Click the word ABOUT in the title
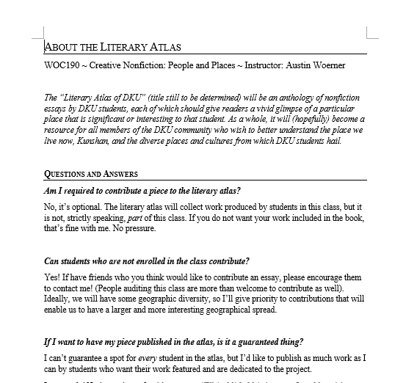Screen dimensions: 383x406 (61, 48)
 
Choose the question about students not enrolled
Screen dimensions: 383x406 (147, 262)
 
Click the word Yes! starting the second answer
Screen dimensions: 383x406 (53, 278)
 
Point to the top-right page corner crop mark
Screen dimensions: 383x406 (370, 33)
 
